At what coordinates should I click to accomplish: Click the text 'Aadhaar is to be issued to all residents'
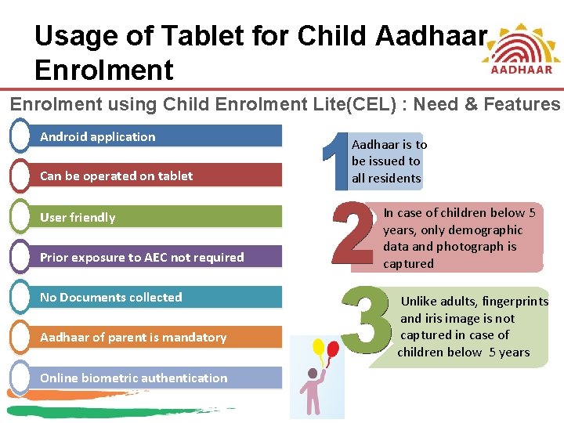point(389,161)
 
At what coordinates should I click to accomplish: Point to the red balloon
point(333,350)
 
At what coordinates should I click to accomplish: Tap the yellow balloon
point(319,347)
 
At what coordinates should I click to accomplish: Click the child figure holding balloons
point(316,392)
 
